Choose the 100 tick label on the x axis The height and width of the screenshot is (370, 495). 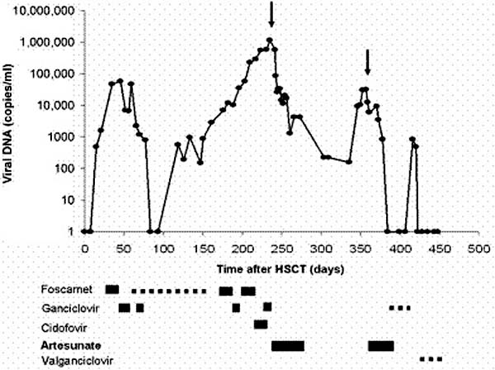[x=163, y=248]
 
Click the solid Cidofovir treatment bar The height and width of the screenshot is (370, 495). [x=261, y=325]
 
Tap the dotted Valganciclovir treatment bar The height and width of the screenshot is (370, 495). [x=429, y=359]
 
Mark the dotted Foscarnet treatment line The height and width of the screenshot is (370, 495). [x=169, y=291]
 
